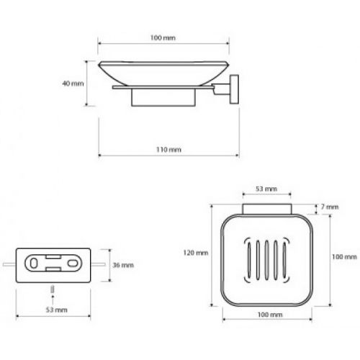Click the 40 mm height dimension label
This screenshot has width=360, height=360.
pos(73,84)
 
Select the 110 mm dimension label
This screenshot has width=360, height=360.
pos(168,150)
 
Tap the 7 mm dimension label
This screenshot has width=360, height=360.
pos(330,207)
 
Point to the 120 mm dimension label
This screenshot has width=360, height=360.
pos(196,253)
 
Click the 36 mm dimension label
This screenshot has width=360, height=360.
pos(123,265)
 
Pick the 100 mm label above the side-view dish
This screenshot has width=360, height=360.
pos(163,38)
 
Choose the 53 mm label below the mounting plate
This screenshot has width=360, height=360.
pos(56,310)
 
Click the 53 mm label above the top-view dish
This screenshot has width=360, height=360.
pos(266,189)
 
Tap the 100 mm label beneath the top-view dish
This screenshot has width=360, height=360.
pos(270,315)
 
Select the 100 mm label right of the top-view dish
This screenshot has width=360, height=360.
pos(344,257)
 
